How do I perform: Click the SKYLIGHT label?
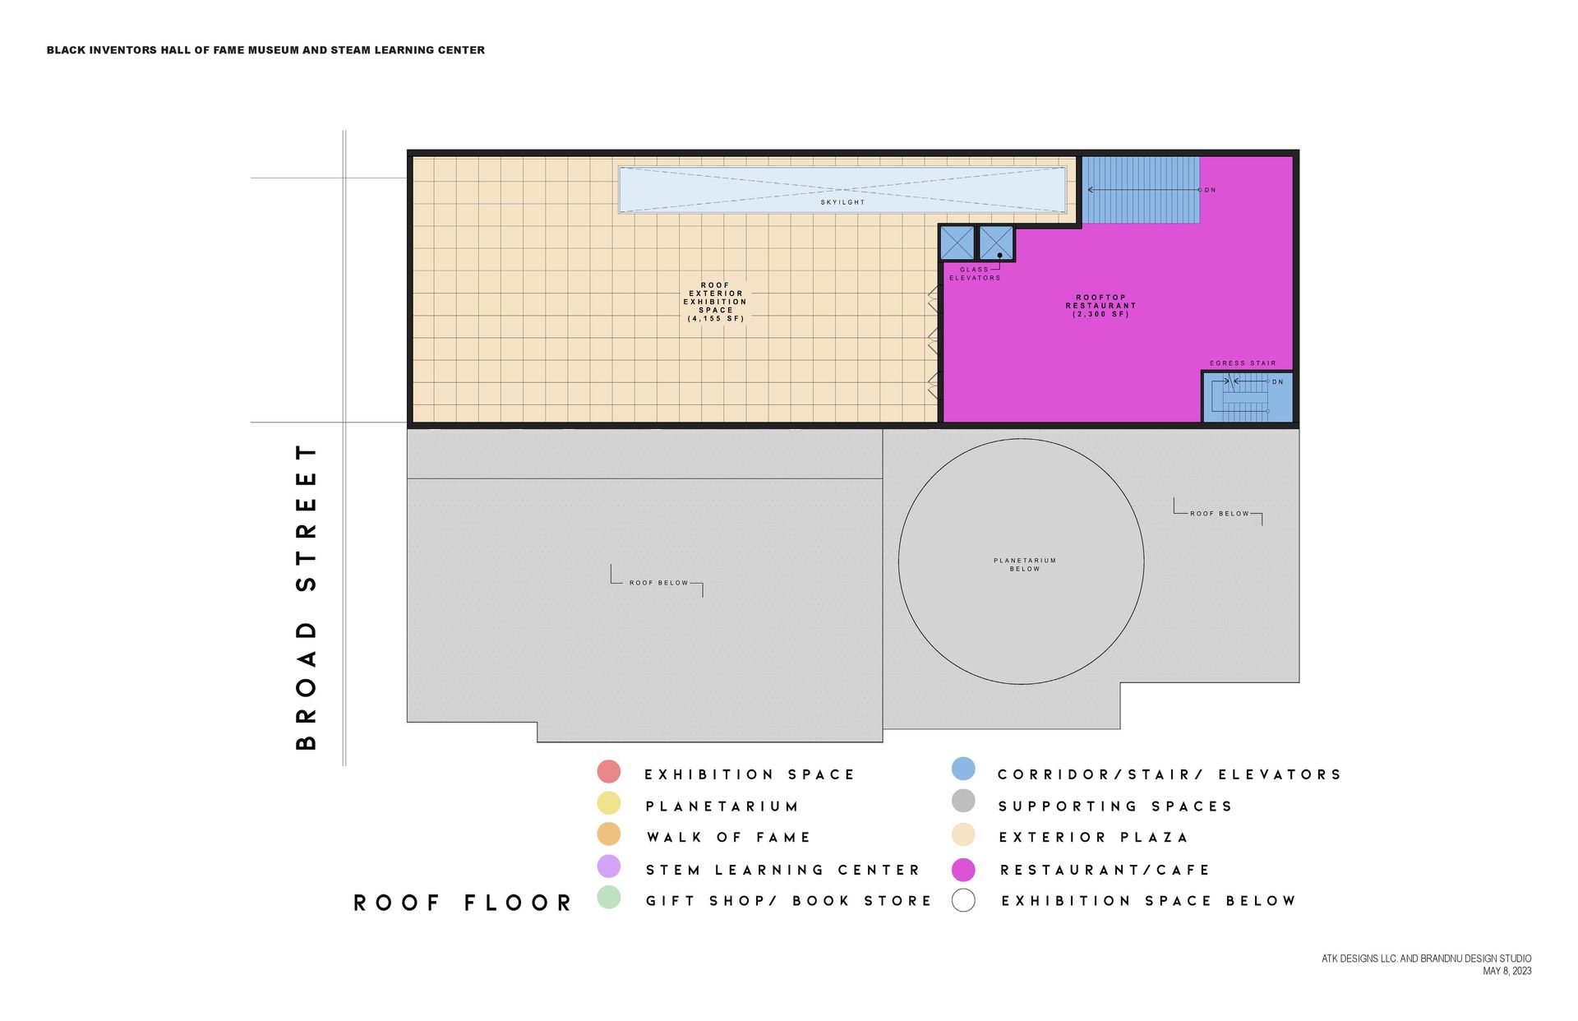[842, 202]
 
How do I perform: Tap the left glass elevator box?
[957, 243]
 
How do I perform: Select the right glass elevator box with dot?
[996, 243]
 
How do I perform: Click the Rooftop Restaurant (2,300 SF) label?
[1100, 306]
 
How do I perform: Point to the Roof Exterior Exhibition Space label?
[715, 302]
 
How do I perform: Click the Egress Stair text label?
[1243, 363]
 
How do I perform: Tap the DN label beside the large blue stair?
[1210, 190]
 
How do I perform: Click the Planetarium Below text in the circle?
[1024, 565]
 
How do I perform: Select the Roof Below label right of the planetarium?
[1219, 514]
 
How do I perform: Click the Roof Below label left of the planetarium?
[658, 583]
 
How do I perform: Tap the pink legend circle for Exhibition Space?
[609, 772]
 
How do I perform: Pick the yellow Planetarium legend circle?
[609, 803]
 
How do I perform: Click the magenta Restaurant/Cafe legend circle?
[963, 870]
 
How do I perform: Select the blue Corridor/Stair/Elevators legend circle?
[963, 769]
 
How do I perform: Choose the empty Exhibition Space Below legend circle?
[963, 901]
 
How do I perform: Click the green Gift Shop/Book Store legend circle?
[609, 898]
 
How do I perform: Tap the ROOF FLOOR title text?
[463, 903]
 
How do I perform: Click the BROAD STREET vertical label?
[306, 598]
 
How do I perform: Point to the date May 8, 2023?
[1506, 972]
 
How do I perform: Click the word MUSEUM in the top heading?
[274, 50]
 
